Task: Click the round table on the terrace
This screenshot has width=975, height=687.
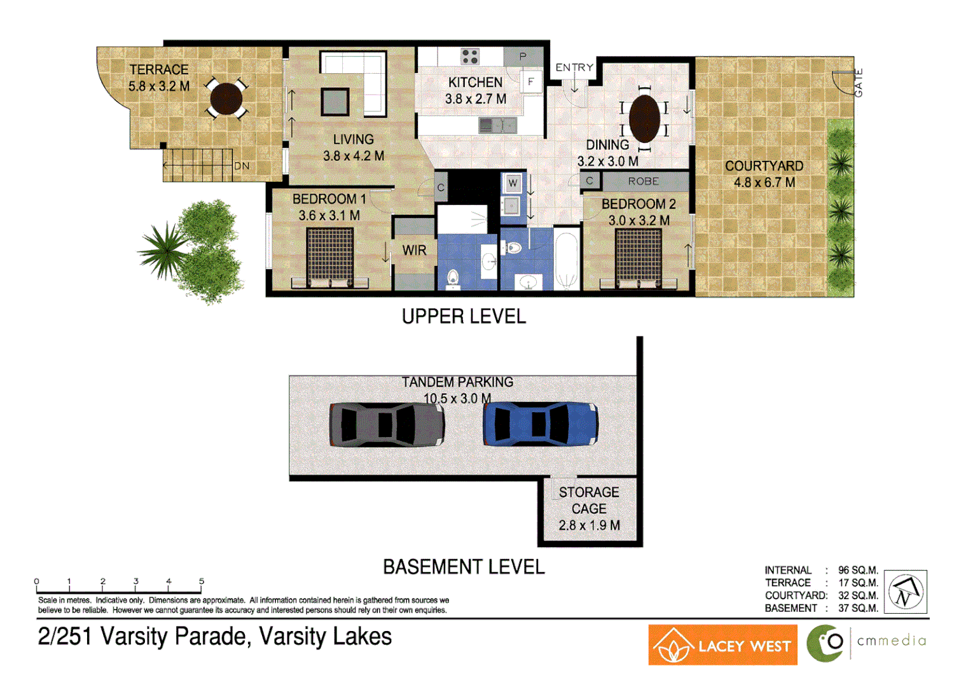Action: [226, 99]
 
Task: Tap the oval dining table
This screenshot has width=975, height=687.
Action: [644, 119]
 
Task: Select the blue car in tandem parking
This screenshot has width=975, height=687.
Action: [540, 424]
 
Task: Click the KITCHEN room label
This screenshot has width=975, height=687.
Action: [475, 83]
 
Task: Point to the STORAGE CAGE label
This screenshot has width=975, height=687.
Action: [589, 501]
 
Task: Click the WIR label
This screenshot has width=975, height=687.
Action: [414, 251]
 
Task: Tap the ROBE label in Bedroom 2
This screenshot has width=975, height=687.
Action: [643, 181]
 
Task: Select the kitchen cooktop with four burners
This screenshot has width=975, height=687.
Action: [470, 57]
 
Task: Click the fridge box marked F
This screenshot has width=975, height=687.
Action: [531, 82]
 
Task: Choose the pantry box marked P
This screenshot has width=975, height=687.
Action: [523, 57]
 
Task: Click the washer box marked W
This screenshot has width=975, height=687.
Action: [513, 184]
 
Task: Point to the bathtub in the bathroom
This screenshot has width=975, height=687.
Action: [566, 260]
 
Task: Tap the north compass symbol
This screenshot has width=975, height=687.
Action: [905, 592]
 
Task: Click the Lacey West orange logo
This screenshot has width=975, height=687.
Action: [723, 645]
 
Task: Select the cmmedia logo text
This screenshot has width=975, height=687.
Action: [891, 641]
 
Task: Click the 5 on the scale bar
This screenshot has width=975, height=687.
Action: [202, 581]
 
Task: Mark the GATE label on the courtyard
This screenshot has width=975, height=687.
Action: [859, 83]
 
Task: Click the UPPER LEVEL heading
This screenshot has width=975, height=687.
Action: [464, 316]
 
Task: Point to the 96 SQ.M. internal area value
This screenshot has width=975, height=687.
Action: [857, 570]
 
